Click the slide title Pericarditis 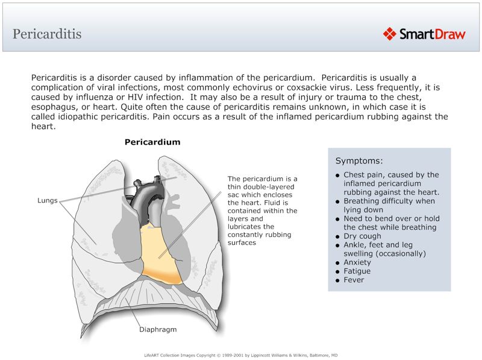point(47,34)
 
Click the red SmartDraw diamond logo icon point(390,33)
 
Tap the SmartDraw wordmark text point(432,34)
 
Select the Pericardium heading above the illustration point(152,142)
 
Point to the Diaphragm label point(158,330)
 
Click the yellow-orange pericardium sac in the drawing point(161,253)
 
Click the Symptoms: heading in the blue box point(359,161)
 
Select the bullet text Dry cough point(363,236)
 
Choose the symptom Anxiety point(358,262)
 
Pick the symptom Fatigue point(357,271)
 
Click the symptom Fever point(354,280)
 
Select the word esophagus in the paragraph point(55,107)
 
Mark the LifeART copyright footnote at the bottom point(241,355)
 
